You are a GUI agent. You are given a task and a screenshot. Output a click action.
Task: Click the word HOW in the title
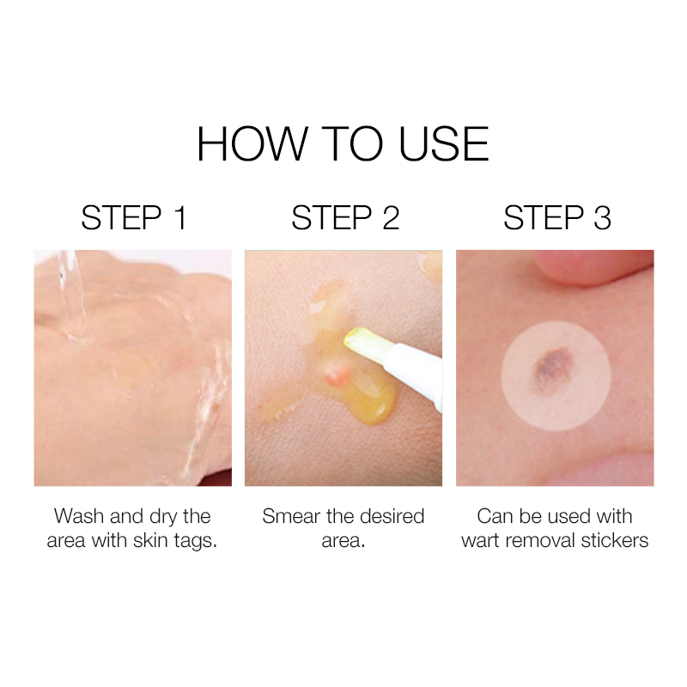point(252,144)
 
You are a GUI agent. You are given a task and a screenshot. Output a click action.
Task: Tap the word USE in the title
point(444,144)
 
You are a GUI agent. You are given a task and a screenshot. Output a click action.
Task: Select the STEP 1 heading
point(134,218)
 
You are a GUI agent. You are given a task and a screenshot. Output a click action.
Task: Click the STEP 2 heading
point(345,218)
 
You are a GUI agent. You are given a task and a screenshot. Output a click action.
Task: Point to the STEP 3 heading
point(556,218)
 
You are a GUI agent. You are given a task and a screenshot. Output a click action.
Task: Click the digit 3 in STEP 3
point(602,218)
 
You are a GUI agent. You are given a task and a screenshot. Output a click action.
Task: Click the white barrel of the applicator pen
point(414,377)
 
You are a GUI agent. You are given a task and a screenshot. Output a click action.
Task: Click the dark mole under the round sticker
point(552,369)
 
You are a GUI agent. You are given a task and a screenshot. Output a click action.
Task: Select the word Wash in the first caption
point(80,516)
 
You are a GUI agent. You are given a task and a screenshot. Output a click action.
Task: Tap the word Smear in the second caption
point(291,516)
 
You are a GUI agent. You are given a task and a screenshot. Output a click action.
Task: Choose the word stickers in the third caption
point(614,540)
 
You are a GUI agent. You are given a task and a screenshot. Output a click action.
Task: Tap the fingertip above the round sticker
point(592,265)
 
